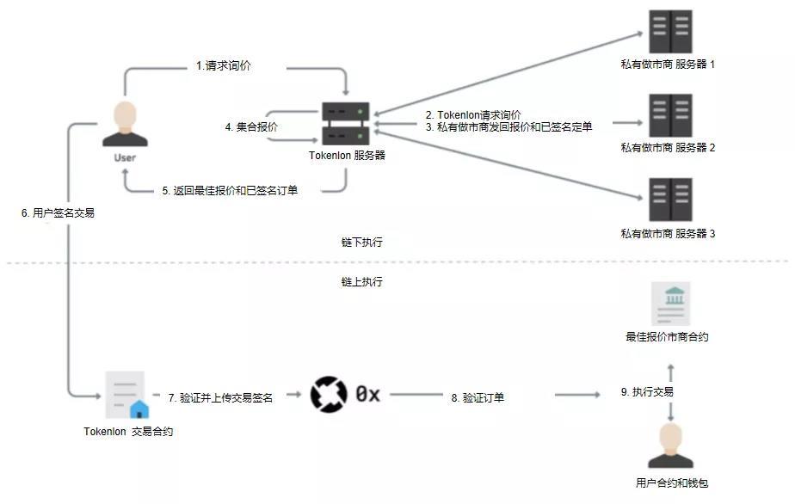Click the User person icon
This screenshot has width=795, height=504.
click(125, 125)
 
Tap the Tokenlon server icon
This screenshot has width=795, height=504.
click(346, 124)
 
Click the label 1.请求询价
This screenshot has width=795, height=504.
click(224, 66)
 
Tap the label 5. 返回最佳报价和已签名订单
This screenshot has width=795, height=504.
click(230, 191)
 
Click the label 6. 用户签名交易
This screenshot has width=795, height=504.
click(58, 212)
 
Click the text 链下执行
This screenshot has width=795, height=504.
click(362, 243)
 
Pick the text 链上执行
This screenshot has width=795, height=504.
click(362, 281)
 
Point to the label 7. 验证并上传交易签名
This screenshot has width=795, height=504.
click(220, 397)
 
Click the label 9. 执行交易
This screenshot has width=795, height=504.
click(646, 392)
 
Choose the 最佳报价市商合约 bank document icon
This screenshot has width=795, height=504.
click(670, 302)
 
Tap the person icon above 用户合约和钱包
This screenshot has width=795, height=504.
click(670, 446)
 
